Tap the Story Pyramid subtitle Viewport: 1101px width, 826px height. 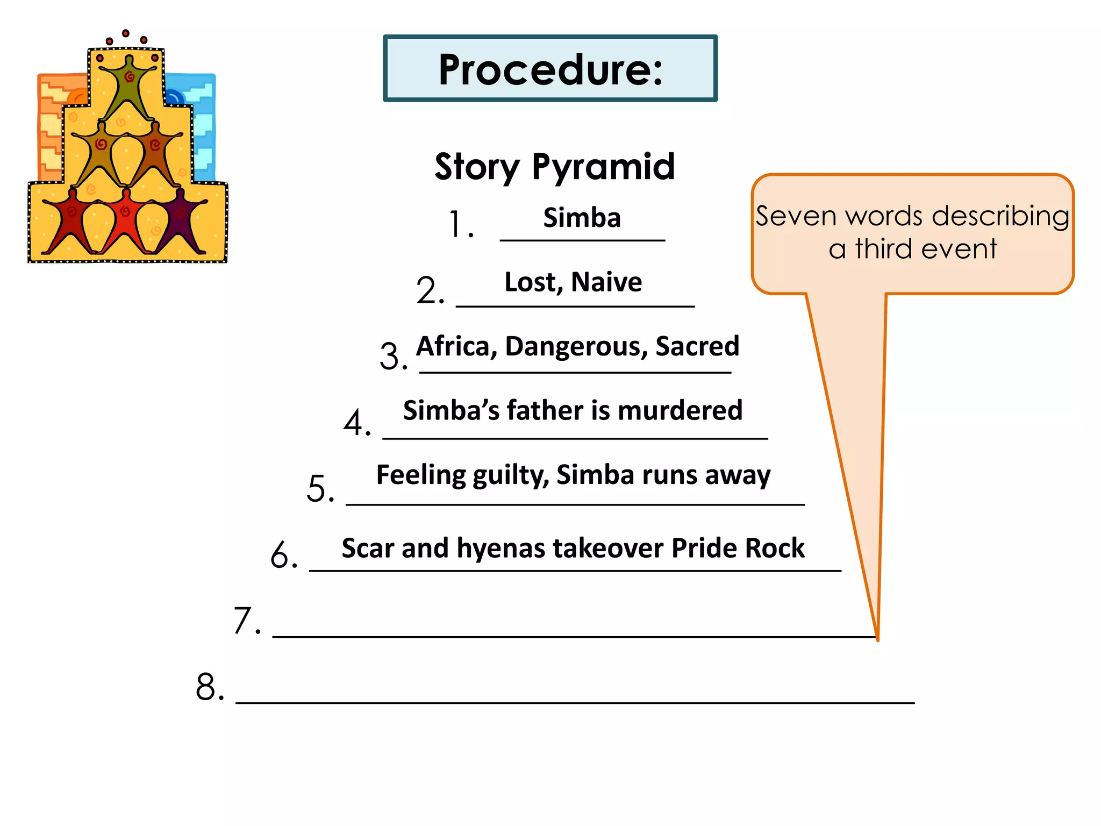click(554, 167)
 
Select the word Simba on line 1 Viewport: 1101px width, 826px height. click(582, 218)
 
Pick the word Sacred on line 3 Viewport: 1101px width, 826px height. click(697, 346)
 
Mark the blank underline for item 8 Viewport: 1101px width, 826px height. click(575, 702)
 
